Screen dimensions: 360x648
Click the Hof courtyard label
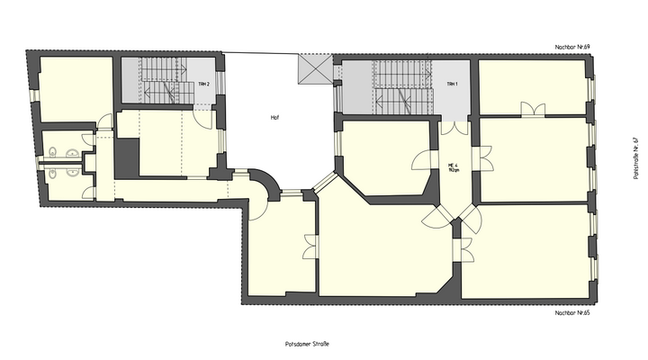pyautogui.click(x=274, y=118)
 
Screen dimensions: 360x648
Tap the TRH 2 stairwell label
pyautogui.click(x=204, y=84)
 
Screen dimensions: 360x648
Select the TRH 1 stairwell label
pyautogui.click(x=452, y=84)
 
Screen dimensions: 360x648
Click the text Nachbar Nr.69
pyautogui.click(x=571, y=46)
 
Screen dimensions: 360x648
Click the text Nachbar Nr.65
pyautogui.click(x=571, y=312)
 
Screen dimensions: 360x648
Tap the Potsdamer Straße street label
pyautogui.click(x=301, y=343)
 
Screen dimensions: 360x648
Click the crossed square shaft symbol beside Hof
pyautogui.click(x=316, y=69)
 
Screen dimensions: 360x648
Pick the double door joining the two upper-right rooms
pyautogui.click(x=533, y=110)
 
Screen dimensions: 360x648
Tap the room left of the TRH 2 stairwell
pyautogui.click(x=74, y=90)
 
